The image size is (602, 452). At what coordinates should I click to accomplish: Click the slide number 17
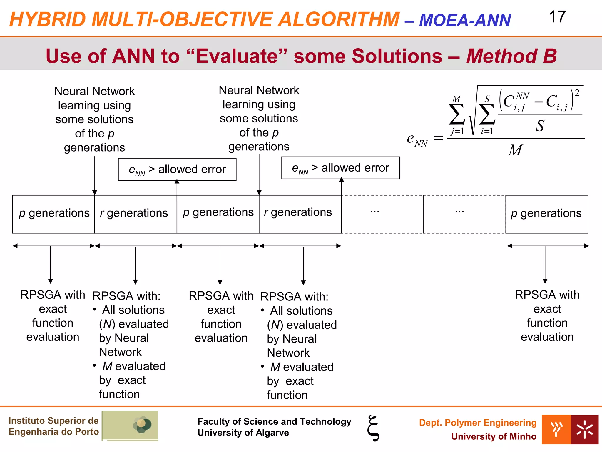(x=557, y=17)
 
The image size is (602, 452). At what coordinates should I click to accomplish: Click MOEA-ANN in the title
(x=465, y=21)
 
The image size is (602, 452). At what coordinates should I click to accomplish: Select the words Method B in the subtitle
(x=511, y=56)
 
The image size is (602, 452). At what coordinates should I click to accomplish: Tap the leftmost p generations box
(x=53, y=214)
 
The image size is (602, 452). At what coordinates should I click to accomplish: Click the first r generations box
(x=136, y=214)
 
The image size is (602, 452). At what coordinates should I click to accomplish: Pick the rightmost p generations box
(x=546, y=214)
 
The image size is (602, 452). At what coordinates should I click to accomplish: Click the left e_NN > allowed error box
(x=177, y=169)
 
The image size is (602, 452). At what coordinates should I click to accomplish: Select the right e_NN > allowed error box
(x=340, y=168)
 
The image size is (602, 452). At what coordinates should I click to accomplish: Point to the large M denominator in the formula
(x=515, y=150)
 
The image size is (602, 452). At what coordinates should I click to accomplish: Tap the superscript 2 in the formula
(x=577, y=93)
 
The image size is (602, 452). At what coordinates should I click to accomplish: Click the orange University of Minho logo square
(x=556, y=429)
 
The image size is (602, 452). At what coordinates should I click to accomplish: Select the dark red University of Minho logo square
(x=584, y=429)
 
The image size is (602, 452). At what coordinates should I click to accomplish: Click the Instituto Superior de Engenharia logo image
(x=130, y=426)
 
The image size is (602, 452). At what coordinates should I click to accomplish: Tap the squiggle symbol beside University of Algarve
(x=373, y=428)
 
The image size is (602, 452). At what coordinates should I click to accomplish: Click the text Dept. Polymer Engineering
(x=477, y=423)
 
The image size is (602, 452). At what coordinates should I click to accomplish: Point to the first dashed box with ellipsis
(x=382, y=214)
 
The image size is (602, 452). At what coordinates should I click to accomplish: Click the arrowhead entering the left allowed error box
(x=177, y=182)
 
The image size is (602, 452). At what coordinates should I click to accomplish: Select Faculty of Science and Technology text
(x=274, y=421)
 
